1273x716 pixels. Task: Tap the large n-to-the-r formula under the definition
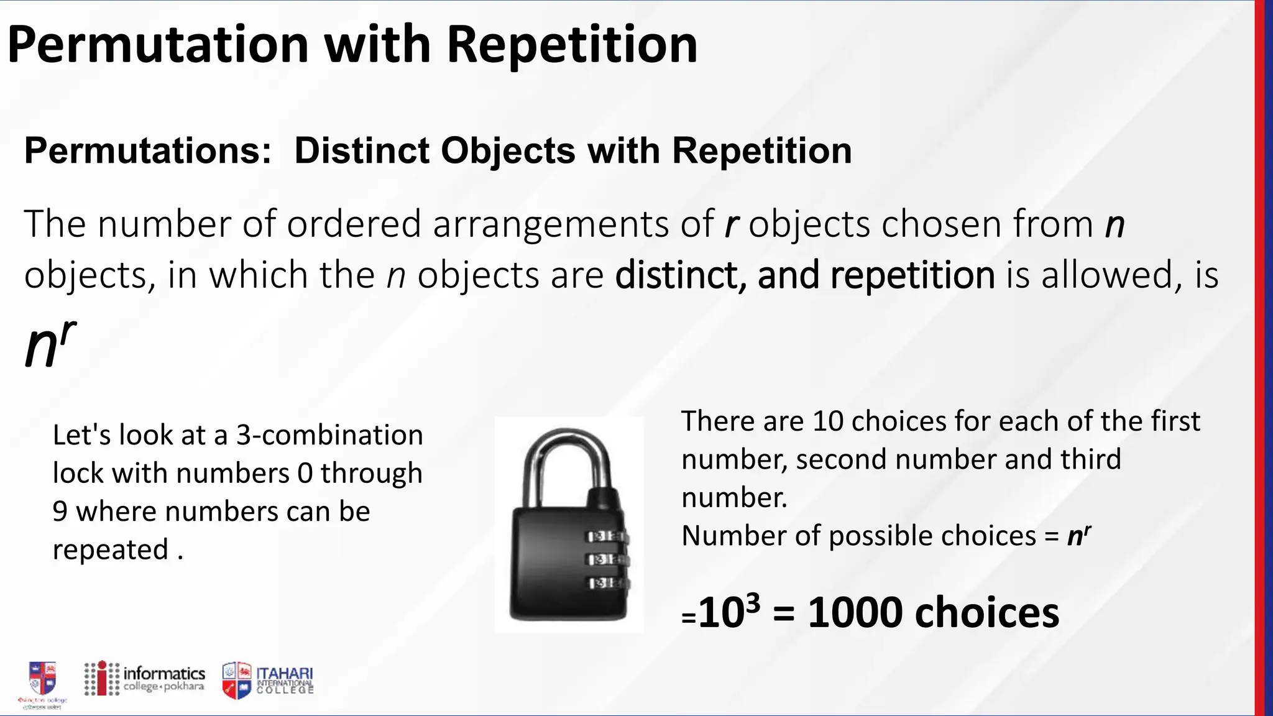click(50, 344)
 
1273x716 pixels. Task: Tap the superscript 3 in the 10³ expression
click(752, 603)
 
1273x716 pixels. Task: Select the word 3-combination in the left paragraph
click(329, 435)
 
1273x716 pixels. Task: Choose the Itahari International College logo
click(268, 680)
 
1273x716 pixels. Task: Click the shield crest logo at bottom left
click(42, 679)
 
